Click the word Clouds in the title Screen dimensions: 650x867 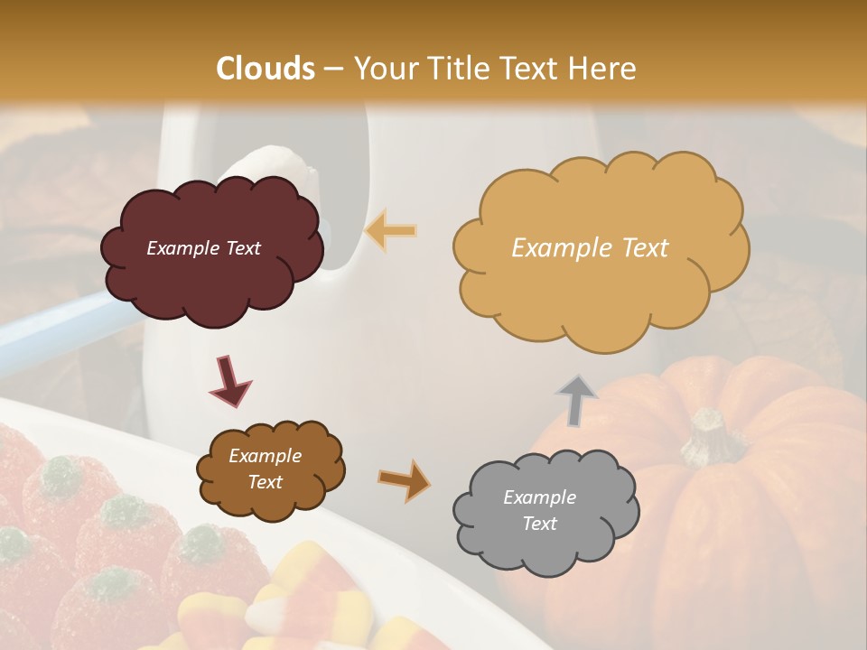[266, 69]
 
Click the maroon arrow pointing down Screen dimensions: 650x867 [229, 379]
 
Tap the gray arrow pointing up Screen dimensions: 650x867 [577, 399]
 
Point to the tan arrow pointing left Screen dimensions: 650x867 [391, 230]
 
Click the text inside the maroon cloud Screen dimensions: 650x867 [203, 248]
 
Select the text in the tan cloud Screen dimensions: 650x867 [590, 248]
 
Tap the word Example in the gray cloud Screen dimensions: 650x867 [539, 497]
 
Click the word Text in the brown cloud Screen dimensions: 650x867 [266, 482]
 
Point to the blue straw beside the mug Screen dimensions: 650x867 [54, 330]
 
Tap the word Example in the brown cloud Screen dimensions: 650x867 [266, 456]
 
